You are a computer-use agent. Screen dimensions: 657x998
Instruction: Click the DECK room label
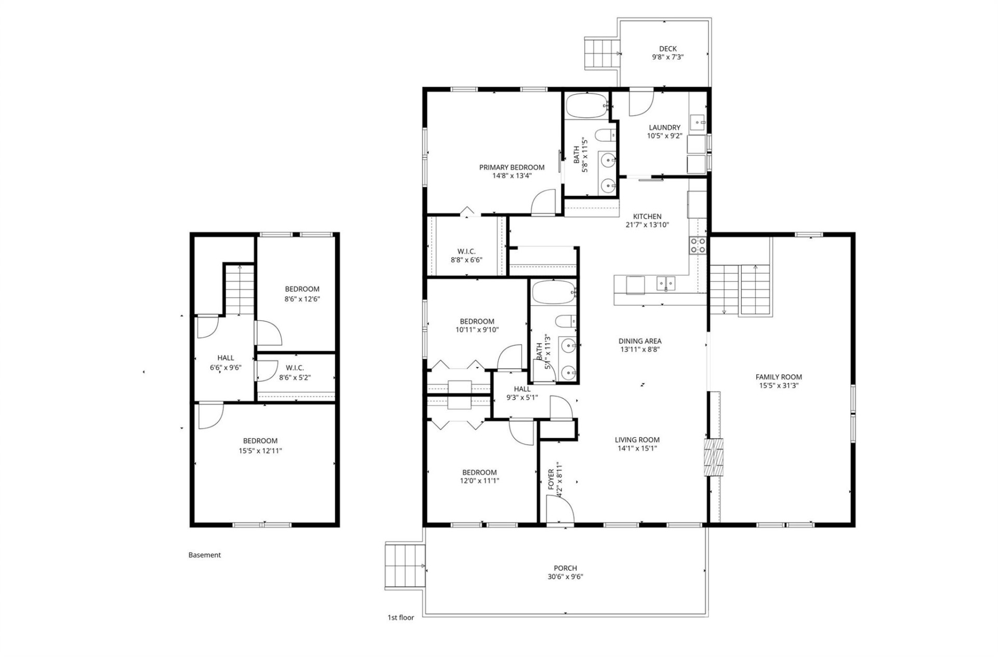(x=667, y=49)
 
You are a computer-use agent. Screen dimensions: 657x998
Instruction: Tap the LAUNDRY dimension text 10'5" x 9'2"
(x=664, y=136)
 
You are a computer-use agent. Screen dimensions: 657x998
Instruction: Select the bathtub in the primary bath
(x=586, y=105)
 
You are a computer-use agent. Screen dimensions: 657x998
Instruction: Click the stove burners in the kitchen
(x=698, y=245)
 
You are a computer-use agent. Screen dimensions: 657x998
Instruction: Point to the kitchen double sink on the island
(x=665, y=284)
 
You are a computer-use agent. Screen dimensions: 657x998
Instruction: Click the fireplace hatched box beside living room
(x=713, y=457)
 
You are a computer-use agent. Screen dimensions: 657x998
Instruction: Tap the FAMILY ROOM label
(x=778, y=377)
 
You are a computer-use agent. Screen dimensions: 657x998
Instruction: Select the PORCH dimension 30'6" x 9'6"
(x=565, y=576)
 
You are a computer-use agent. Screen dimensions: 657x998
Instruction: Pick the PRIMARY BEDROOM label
(x=511, y=167)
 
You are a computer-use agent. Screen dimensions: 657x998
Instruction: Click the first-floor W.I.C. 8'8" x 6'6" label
(x=466, y=256)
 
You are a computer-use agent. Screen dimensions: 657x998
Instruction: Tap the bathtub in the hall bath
(x=553, y=292)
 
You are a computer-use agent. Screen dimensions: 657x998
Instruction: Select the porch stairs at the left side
(x=404, y=566)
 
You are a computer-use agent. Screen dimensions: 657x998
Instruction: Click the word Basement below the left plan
(x=204, y=555)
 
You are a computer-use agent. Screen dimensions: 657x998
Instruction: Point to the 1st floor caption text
(x=401, y=618)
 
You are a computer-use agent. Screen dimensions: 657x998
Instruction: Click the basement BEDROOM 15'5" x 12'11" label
(x=260, y=446)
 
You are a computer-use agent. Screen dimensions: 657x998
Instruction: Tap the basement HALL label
(x=226, y=358)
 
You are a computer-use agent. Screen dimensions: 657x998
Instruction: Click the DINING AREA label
(x=639, y=341)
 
